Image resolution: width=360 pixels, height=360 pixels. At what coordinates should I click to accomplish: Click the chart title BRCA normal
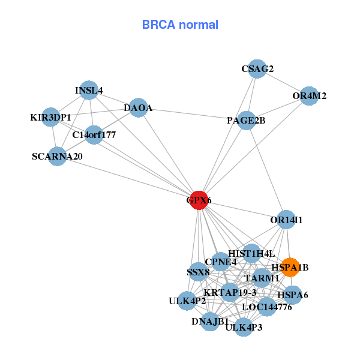180,25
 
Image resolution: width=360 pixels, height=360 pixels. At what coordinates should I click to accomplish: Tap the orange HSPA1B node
290,267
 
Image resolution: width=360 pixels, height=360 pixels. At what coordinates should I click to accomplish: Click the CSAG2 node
257,68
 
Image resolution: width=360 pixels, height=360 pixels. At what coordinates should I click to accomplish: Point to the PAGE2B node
246,121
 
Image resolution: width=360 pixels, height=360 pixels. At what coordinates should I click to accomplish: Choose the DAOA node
138,108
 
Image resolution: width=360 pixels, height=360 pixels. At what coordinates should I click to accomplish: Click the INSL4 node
89,91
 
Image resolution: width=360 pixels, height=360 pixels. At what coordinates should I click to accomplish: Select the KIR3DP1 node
52,117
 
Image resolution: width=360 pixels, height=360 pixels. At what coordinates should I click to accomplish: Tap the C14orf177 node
94,134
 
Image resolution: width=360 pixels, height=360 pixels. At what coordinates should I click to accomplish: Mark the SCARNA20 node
57,157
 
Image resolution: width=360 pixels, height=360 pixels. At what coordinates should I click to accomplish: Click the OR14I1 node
286,220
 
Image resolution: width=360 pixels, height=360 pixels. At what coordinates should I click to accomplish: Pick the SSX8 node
198,272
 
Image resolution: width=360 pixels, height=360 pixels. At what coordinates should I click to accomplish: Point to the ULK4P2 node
187,301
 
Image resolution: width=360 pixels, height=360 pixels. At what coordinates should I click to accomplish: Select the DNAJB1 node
210,322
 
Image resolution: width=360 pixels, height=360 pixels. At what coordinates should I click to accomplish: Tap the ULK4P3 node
244,327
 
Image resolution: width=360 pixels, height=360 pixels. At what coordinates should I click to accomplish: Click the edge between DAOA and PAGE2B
192,114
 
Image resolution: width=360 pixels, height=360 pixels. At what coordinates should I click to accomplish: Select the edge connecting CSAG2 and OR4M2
283,82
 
